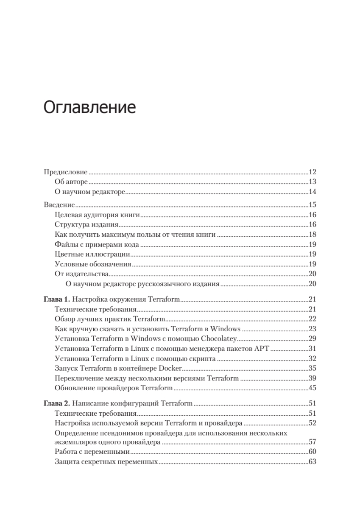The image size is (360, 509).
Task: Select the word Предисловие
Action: click(66, 172)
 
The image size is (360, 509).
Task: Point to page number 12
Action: click(313, 172)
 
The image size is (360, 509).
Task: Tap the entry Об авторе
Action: click(71, 182)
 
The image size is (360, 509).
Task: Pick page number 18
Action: click(313, 235)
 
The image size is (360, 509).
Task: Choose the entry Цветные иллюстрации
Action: click(92, 255)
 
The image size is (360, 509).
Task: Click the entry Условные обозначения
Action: click(93, 264)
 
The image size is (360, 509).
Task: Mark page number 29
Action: click(313, 339)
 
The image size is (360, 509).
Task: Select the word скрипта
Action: click(203, 358)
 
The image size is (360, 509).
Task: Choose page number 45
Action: click(313, 388)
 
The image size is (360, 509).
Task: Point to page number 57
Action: click(313, 442)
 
